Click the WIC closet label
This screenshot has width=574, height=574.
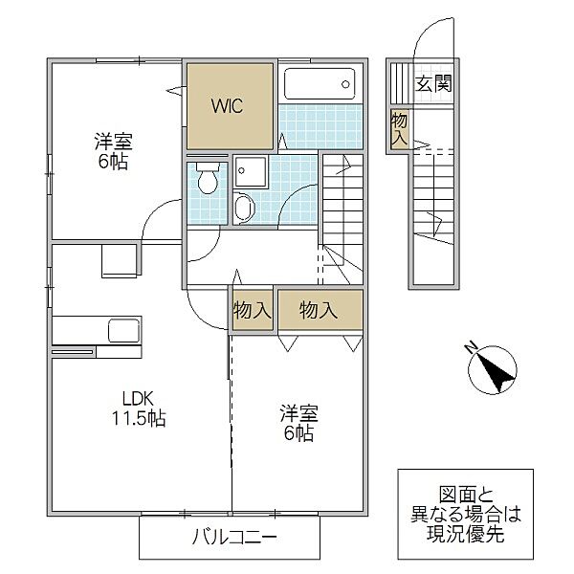pos(227,106)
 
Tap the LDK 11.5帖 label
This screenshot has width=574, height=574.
pos(138,408)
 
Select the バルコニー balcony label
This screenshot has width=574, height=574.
pos(234,538)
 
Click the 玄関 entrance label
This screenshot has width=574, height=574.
pos(433,83)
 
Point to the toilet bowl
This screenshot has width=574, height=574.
pos(208,179)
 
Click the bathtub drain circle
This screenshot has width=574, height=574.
pos(345,84)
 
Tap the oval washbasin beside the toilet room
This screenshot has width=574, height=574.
pos(244,208)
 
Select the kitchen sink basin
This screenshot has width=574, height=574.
pos(124,331)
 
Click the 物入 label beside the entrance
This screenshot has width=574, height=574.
pos(399,129)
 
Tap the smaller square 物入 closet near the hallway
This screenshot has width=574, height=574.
pos(253,310)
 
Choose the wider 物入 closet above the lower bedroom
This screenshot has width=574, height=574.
pos(320,310)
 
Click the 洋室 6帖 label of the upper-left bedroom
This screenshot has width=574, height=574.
pos(114,151)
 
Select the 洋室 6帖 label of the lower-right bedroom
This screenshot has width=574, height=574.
pos(298,423)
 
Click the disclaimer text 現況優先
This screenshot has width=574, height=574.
pos(465,534)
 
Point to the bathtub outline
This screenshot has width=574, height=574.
pos(320,83)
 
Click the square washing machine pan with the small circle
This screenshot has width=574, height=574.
pos(251,171)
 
